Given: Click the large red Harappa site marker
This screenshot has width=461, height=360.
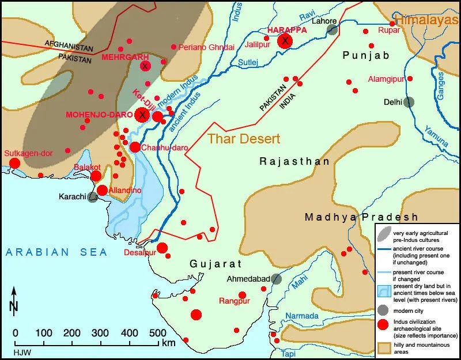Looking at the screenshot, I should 285,41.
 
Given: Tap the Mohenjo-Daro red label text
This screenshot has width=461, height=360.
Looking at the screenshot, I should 99,115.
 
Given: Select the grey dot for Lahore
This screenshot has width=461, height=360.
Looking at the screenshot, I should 331,30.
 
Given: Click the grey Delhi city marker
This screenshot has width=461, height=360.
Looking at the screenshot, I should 409,102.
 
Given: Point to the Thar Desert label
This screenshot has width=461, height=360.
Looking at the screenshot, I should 244,139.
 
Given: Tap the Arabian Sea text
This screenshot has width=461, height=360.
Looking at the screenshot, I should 55,252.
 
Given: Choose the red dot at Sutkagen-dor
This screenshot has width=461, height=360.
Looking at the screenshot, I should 14,163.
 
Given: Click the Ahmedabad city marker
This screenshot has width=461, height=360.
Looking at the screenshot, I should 277,279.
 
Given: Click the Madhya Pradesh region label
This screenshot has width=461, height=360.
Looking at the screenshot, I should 361,217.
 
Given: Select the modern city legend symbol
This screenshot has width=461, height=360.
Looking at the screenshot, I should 384,310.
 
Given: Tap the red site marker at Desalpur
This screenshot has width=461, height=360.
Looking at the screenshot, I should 162,248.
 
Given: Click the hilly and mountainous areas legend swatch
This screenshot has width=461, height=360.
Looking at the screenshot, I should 384,347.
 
